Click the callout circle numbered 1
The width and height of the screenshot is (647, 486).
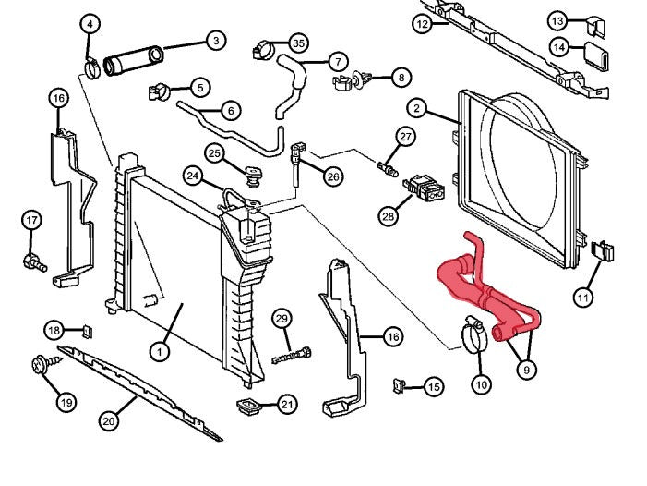(x=159, y=351)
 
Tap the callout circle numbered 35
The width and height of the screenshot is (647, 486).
(x=297, y=43)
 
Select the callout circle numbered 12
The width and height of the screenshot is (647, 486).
(x=422, y=23)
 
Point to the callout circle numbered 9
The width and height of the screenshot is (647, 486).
(x=525, y=370)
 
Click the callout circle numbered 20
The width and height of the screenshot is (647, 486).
(x=109, y=421)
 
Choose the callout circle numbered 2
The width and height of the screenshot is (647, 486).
(x=417, y=110)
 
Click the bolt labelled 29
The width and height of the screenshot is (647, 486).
(x=293, y=354)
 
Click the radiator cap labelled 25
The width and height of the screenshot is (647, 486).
(x=250, y=173)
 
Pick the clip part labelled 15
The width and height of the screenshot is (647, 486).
(x=399, y=383)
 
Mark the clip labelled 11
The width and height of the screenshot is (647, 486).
(x=603, y=253)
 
